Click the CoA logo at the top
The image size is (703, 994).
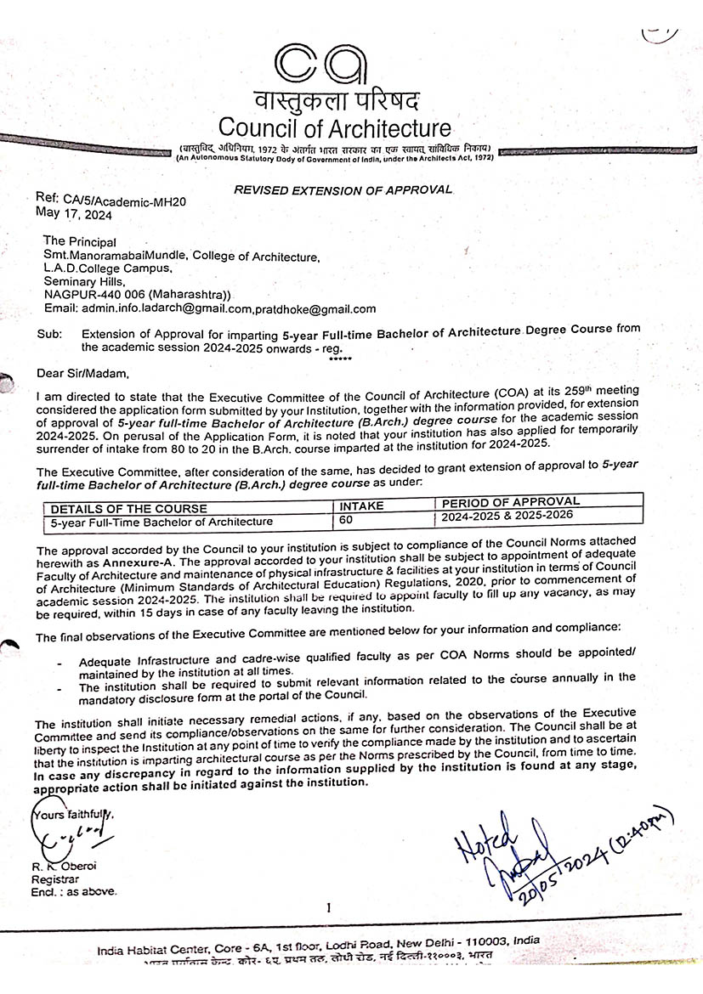pyautogui.click(x=321, y=63)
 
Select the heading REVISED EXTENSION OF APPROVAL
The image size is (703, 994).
pyautogui.click(x=343, y=189)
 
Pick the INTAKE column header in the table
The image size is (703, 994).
pyautogui.click(x=361, y=505)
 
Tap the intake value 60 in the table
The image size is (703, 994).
pyautogui.click(x=347, y=519)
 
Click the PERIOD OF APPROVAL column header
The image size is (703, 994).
pyautogui.click(x=511, y=502)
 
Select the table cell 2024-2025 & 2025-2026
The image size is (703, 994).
pyautogui.click(x=507, y=515)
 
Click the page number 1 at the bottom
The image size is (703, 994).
pyautogui.click(x=327, y=908)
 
